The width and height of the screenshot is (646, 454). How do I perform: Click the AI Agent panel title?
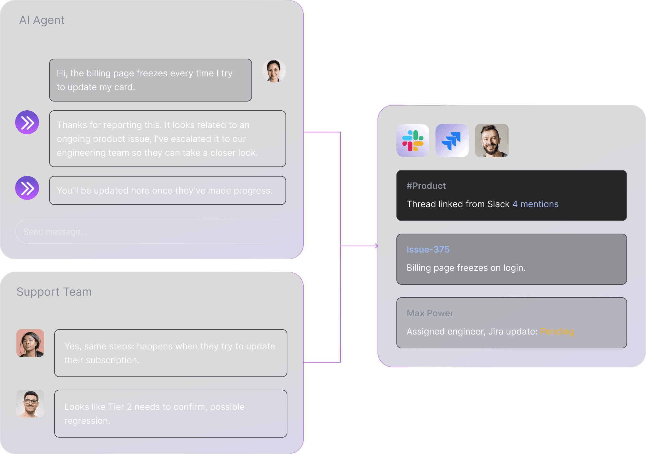tap(42, 20)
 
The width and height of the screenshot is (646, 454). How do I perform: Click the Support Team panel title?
tap(54, 292)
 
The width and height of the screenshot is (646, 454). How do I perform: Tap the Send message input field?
tap(151, 232)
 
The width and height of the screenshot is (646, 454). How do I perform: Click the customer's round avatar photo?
tap(274, 71)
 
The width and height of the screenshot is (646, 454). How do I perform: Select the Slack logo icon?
tap(413, 141)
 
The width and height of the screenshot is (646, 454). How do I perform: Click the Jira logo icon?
tap(452, 141)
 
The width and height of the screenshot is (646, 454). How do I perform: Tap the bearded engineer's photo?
tap(492, 141)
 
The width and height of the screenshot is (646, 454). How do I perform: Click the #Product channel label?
tap(426, 186)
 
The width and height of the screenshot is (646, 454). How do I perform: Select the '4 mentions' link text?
tap(535, 204)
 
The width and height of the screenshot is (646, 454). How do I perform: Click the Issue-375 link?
tap(428, 250)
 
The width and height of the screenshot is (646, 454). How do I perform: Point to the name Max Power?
tap(430, 313)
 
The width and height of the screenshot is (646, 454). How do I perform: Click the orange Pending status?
tap(557, 332)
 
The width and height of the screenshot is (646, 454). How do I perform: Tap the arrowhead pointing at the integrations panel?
tap(376, 246)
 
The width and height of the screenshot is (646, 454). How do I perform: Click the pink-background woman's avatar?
tap(30, 343)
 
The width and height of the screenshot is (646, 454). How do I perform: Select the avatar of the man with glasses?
tap(30, 404)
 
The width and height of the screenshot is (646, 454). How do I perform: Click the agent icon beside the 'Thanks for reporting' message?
tap(27, 122)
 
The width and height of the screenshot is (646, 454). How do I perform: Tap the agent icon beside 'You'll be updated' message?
tap(27, 188)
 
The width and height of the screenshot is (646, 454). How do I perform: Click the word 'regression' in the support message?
tap(86, 421)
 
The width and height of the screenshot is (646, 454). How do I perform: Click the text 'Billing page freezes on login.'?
tap(466, 268)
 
